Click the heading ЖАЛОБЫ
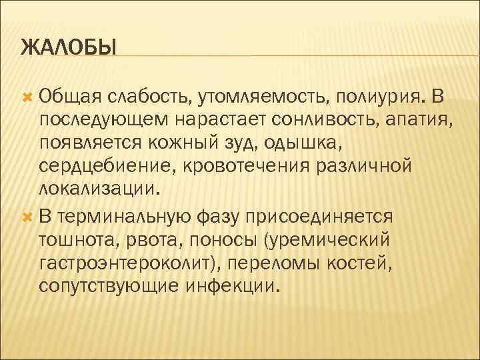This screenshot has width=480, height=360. coord(68,48)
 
